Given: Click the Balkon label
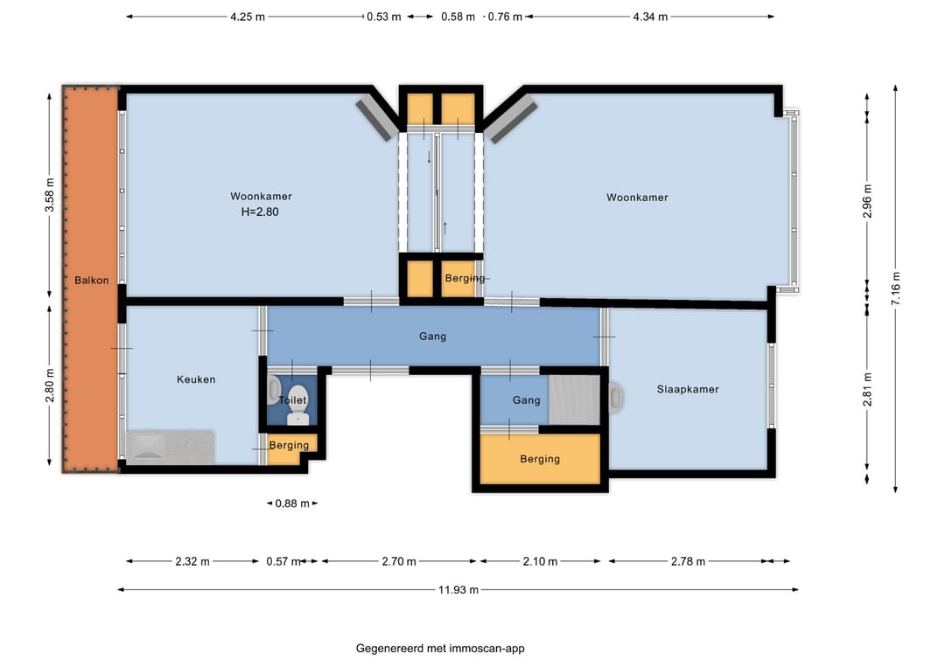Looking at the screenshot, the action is point(92,281).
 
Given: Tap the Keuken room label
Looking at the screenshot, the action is point(196,379).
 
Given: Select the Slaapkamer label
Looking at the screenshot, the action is point(688,390).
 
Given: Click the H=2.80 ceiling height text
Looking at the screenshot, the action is point(260,212).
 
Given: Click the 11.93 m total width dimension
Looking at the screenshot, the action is point(458,590).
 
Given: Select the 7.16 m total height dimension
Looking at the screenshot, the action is point(896,288).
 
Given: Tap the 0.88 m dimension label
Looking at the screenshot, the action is point(291,504).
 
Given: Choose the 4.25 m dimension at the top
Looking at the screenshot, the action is point(247,17).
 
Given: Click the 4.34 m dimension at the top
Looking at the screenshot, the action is point(650,17).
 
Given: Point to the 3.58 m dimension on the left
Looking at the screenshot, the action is point(49,195).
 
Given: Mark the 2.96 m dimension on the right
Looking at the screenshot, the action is point(867,201).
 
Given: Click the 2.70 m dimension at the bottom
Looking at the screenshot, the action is point(399,561).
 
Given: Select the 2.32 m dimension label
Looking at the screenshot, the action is point(192,561).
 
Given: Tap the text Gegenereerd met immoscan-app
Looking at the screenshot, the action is point(440,649).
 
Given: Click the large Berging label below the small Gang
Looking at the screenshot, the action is point(540,459).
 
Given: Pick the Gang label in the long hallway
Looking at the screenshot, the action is point(433,336).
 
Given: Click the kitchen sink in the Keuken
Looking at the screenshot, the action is point(147,447).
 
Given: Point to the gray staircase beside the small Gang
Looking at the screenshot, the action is point(574,400).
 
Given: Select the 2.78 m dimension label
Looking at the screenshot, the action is point(688,561).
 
